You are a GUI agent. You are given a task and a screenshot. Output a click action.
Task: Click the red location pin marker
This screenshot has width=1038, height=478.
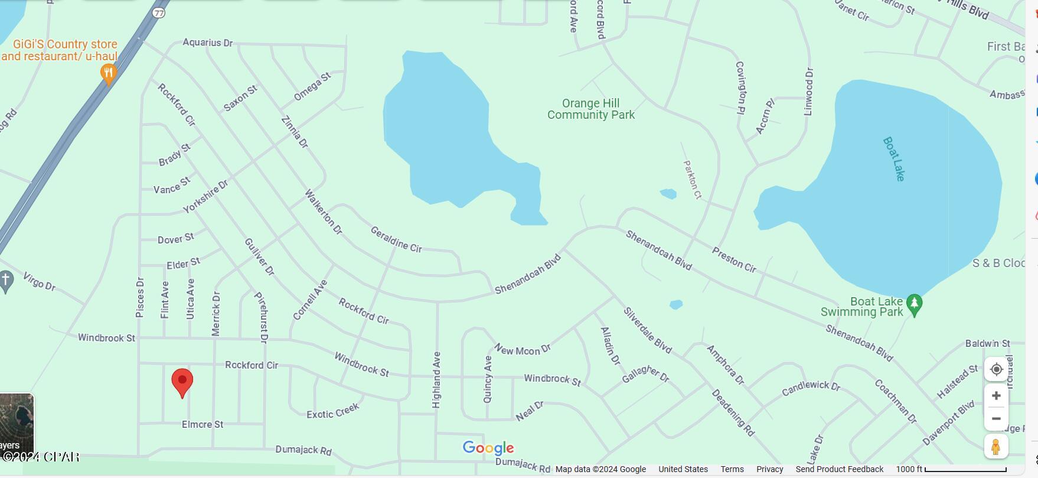click(x=182, y=381)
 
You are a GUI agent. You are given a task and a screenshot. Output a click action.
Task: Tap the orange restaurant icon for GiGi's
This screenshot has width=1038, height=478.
click(x=108, y=74)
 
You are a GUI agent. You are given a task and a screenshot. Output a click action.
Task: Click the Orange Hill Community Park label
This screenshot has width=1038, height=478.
click(x=590, y=109)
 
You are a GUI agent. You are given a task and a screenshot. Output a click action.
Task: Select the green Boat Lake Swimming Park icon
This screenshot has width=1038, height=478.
click(x=914, y=305)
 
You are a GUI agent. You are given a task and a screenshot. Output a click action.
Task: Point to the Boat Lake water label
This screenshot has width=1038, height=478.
click(x=894, y=158)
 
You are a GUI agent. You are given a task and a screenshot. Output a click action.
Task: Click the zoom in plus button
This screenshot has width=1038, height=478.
click(x=995, y=395)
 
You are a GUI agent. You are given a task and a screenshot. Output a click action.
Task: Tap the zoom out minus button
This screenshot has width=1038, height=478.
click(x=995, y=419)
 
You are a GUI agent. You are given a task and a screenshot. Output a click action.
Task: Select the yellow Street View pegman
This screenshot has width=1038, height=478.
click(x=995, y=447)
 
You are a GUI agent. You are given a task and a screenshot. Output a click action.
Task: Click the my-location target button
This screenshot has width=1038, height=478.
click(x=995, y=369)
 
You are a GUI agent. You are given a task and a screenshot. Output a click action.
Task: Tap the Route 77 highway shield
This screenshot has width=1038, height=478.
click(x=158, y=12)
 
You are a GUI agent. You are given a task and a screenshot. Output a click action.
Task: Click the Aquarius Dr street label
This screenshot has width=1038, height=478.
click(x=207, y=43)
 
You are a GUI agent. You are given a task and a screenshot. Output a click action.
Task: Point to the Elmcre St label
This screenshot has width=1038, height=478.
click(x=203, y=424)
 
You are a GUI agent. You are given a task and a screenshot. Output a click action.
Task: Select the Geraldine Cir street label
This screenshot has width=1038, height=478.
click(x=396, y=239)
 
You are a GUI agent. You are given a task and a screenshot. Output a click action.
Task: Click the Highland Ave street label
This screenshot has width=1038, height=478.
click(x=437, y=379)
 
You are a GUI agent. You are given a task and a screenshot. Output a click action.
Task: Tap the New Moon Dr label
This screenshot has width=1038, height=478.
click(x=523, y=350)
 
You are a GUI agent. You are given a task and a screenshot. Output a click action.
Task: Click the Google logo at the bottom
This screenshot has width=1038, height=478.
click(x=488, y=448)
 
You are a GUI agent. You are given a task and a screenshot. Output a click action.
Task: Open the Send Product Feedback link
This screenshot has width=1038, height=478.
click(x=839, y=469)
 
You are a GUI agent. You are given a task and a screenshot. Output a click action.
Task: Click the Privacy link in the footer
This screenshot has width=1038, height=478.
click(x=769, y=469)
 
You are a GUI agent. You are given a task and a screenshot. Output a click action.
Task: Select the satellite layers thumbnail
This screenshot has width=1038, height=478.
click(x=17, y=422)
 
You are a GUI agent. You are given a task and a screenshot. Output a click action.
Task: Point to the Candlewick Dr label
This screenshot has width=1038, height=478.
click(x=811, y=388)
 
